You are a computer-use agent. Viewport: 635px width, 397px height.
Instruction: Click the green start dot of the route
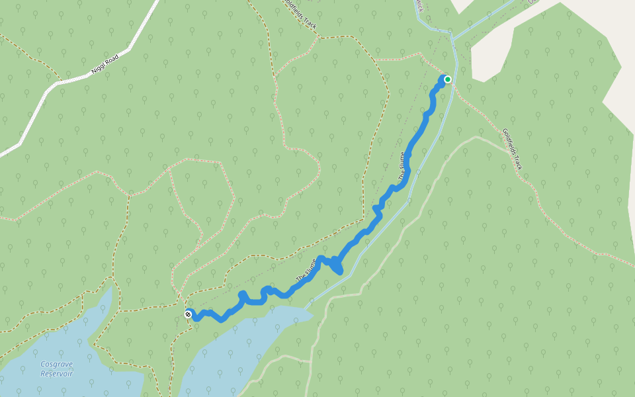pyautogui.click(x=448, y=79)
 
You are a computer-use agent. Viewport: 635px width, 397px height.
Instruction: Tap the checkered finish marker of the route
pyautogui.click(x=189, y=314)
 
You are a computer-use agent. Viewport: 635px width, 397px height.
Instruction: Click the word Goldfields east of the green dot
pyautogui.click(x=509, y=140)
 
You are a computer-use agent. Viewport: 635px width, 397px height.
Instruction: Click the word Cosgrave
pyautogui.click(x=56, y=364)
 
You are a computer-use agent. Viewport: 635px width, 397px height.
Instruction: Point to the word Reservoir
pyautogui.click(x=56, y=374)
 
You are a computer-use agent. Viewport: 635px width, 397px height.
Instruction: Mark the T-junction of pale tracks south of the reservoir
pyautogui.click(x=310, y=361)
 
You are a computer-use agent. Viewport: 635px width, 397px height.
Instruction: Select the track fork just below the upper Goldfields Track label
pyautogui.click(x=319, y=37)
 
